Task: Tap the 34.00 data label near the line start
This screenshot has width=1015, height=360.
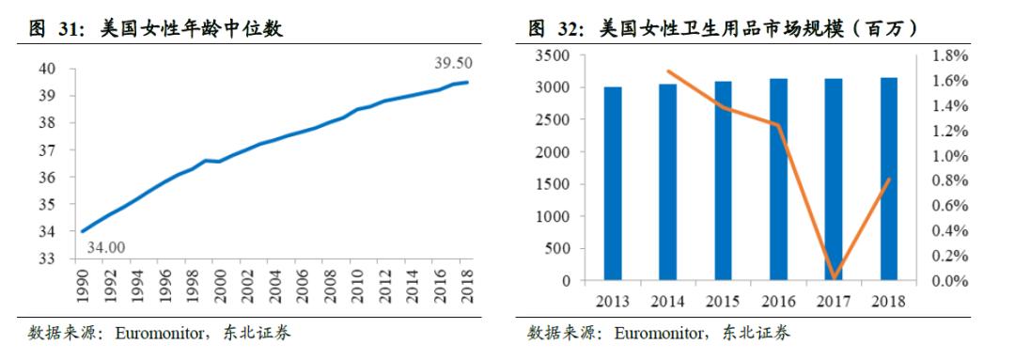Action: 107,247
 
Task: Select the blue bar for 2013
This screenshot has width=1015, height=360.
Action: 613,183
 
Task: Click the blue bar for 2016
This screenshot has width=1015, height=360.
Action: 779,179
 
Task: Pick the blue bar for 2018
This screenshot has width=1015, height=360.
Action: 889,179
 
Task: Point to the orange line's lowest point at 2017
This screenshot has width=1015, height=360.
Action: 835,277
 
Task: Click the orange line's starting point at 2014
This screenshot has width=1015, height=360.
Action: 668,71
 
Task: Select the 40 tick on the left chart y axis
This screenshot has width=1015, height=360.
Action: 48,69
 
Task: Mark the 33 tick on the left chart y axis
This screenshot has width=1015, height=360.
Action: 48,258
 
